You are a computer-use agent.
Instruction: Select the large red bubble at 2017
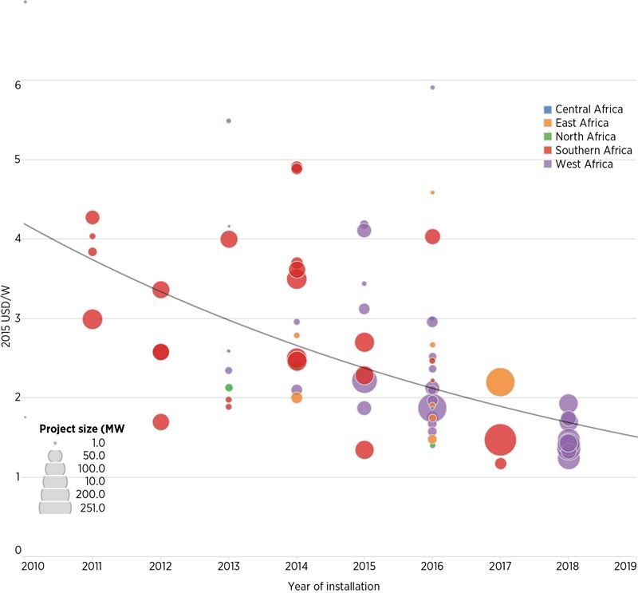pos(500,440)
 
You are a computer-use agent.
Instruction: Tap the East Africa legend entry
pos(581,123)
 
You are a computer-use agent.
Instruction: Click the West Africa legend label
pos(584,164)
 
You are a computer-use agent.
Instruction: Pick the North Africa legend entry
pos(585,136)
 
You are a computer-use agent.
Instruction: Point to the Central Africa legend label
pos(589,109)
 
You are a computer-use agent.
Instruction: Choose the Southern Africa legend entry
pos(593,150)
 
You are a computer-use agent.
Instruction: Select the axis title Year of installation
pos(333,586)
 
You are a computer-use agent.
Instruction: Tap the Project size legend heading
pos(82,428)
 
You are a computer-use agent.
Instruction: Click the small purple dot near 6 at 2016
pos(432,87)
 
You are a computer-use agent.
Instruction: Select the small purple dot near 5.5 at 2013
pos(229,121)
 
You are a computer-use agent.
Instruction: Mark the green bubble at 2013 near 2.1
pos(229,388)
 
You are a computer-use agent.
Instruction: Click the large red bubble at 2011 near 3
pos(92,318)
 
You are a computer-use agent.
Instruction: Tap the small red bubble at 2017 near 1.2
pos(500,464)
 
